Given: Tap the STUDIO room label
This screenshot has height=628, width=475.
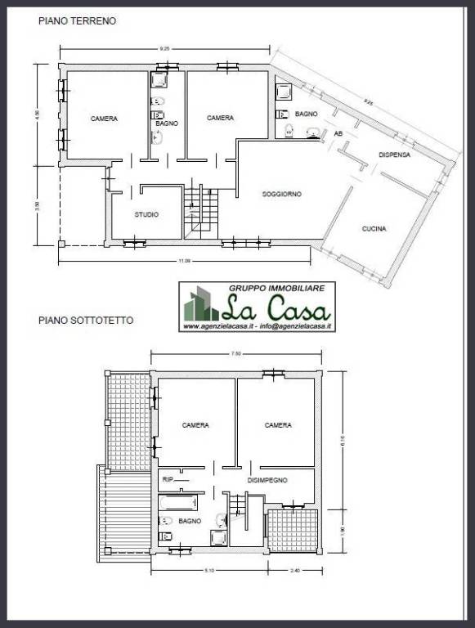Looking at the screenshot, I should tap(146, 214).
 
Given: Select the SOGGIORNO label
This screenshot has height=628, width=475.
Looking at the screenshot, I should tap(282, 194).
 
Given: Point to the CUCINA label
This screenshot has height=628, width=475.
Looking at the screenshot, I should tap(374, 229).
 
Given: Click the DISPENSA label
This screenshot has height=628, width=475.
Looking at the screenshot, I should tap(394, 155).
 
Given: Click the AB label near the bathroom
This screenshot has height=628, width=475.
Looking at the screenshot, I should tap(338, 132).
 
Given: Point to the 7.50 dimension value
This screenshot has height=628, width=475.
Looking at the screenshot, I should tap(236, 354).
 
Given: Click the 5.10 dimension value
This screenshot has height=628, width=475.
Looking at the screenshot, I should tap(208, 571).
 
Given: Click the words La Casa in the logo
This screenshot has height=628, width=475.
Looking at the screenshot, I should tap(276, 310).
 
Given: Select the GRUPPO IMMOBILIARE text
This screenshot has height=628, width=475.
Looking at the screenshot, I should tap(276, 289).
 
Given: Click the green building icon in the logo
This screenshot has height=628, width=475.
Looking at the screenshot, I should tap(199, 306).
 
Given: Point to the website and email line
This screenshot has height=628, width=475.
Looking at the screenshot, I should tap(257, 326).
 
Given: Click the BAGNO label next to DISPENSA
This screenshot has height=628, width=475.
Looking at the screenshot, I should tap(306, 114).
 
